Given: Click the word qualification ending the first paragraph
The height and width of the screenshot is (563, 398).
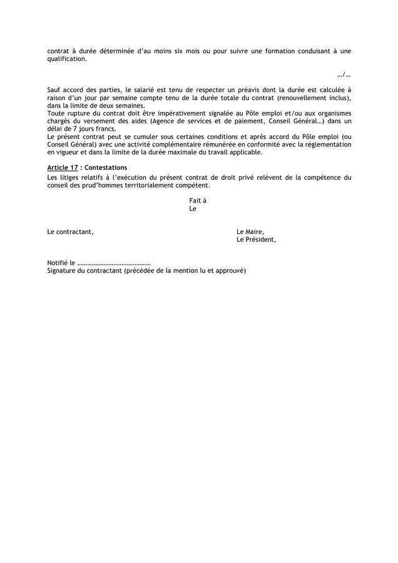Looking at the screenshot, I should click(67, 59).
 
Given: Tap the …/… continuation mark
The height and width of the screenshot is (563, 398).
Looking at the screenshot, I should click(344, 74).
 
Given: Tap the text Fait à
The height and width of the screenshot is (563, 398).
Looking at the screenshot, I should click(198, 201).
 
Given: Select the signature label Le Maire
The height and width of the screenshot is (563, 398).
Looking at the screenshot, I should click(250, 232).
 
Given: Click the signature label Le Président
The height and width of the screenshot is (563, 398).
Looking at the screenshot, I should click(256, 240).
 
